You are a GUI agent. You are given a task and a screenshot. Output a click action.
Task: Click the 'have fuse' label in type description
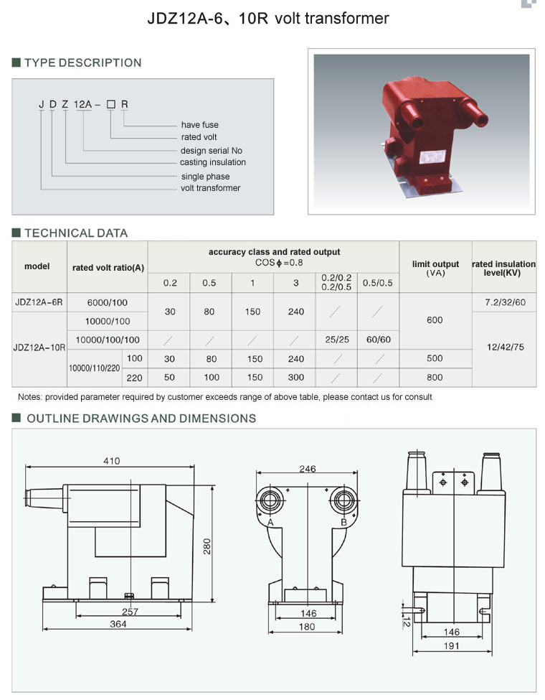[x=200, y=124]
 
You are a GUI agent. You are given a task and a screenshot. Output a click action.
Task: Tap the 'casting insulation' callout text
[x=213, y=162]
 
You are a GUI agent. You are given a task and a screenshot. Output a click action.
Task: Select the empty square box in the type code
[x=111, y=105]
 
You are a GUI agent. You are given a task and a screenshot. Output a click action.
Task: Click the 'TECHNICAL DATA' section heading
[x=76, y=233]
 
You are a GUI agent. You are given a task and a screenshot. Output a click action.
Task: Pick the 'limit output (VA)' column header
[x=435, y=269]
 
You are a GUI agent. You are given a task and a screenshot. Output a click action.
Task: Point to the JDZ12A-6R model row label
[x=39, y=302]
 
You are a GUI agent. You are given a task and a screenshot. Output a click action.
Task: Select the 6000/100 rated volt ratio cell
[x=108, y=303]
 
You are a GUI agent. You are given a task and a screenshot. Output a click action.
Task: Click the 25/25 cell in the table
[x=337, y=340]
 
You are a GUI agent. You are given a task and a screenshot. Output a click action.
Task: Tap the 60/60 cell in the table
[x=379, y=340]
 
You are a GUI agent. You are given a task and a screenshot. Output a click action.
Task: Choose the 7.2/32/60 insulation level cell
[x=506, y=302]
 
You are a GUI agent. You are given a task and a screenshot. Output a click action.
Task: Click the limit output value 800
[x=435, y=377]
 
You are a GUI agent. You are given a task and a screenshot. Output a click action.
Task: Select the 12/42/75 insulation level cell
[x=506, y=347]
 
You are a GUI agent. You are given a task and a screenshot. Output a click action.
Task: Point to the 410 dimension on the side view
[x=111, y=461]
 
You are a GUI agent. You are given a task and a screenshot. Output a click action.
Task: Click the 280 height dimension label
[x=207, y=546]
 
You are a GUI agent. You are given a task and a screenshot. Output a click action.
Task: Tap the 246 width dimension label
[x=308, y=468]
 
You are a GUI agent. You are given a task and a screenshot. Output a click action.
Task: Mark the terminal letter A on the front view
[x=270, y=523]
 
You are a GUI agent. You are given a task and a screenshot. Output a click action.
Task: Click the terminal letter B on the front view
[x=344, y=523]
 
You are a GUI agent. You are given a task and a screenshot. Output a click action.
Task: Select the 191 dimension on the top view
[x=451, y=645]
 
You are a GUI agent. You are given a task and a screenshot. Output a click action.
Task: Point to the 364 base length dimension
[x=118, y=624]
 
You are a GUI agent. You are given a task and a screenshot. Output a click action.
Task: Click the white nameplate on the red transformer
[x=432, y=157]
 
